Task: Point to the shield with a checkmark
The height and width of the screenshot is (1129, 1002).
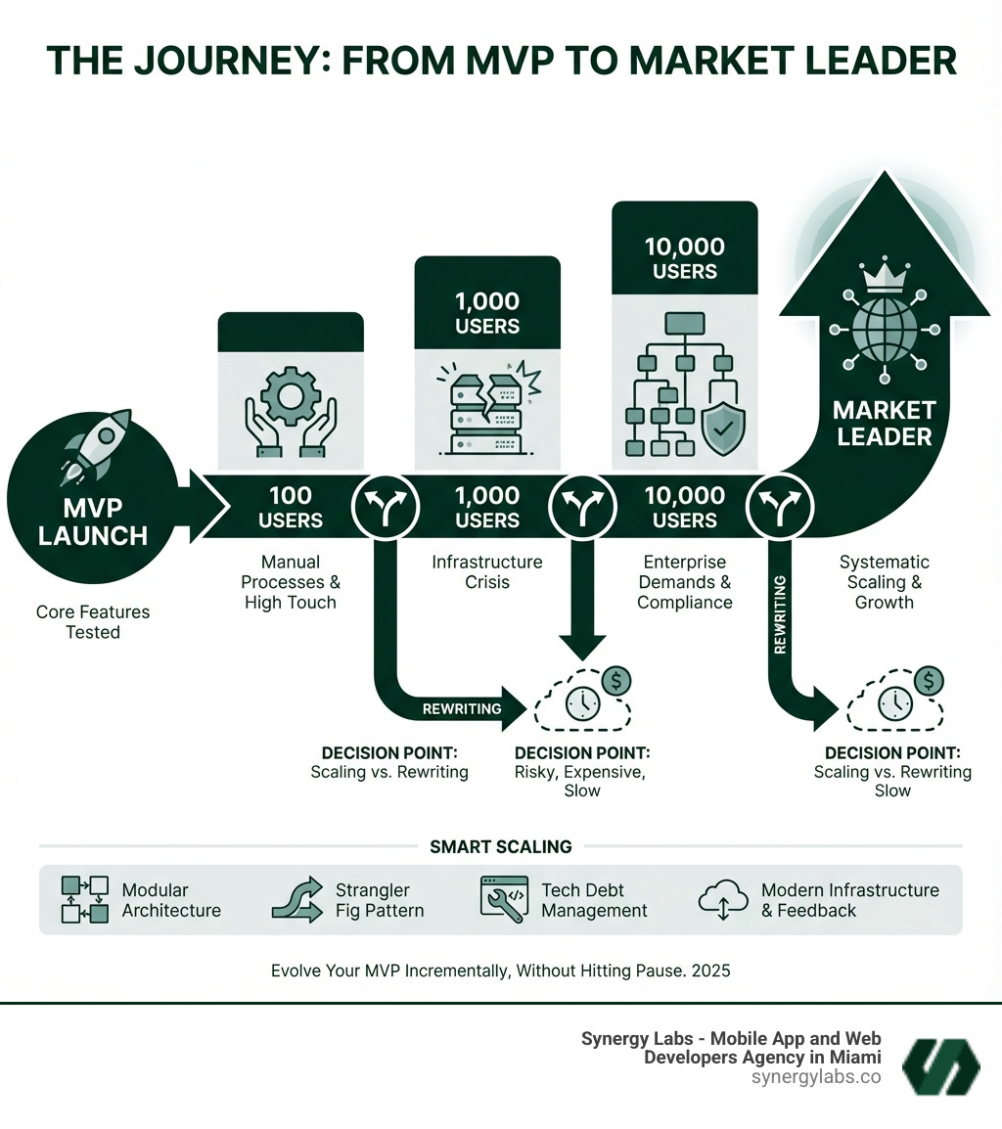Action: (723, 427)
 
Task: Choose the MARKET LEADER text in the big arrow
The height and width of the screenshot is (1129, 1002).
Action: (884, 423)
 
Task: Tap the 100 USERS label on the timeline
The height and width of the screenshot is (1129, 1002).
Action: (291, 507)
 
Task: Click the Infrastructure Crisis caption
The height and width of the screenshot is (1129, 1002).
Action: (486, 572)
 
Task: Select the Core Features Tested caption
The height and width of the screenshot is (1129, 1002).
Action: (93, 622)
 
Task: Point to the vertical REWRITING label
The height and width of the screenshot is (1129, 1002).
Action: (780, 614)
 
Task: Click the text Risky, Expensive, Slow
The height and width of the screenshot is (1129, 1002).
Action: (581, 780)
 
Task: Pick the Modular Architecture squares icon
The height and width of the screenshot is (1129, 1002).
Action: (84, 900)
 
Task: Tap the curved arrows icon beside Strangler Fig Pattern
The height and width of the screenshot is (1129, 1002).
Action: (297, 899)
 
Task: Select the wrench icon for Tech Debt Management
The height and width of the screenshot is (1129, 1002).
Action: (504, 897)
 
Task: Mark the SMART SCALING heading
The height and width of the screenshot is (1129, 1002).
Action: (501, 847)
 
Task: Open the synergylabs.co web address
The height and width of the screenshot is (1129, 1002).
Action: (816, 1077)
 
